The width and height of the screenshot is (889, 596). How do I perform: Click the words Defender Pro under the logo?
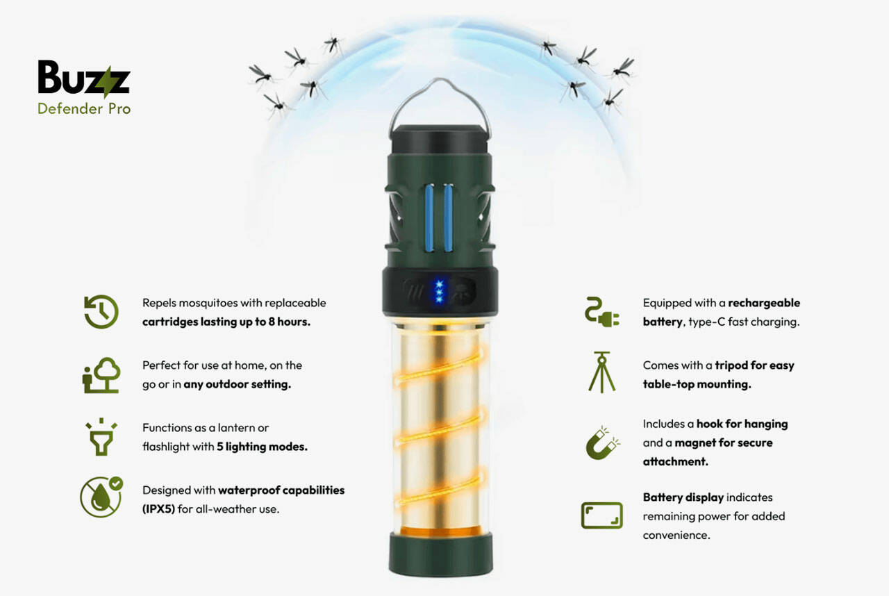(84, 108)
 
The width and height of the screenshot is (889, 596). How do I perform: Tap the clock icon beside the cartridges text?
(101, 312)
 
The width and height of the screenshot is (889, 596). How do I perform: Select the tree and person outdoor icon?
(101, 375)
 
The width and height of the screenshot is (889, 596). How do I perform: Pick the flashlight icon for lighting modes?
(101, 437)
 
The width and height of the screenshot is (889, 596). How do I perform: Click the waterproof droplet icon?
(101, 497)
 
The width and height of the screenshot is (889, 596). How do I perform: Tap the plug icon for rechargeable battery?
(601, 312)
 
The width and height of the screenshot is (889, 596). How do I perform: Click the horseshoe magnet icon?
(601, 442)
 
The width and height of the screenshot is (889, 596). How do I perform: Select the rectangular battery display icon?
(601, 515)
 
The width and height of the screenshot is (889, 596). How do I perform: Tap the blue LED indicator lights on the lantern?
(438, 290)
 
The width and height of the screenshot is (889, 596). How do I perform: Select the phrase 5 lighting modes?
(262, 447)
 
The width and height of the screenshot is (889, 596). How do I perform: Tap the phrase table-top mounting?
(697, 384)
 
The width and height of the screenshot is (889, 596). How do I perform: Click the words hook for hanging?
(742, 424)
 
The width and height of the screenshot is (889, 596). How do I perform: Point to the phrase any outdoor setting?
(237, 384)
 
